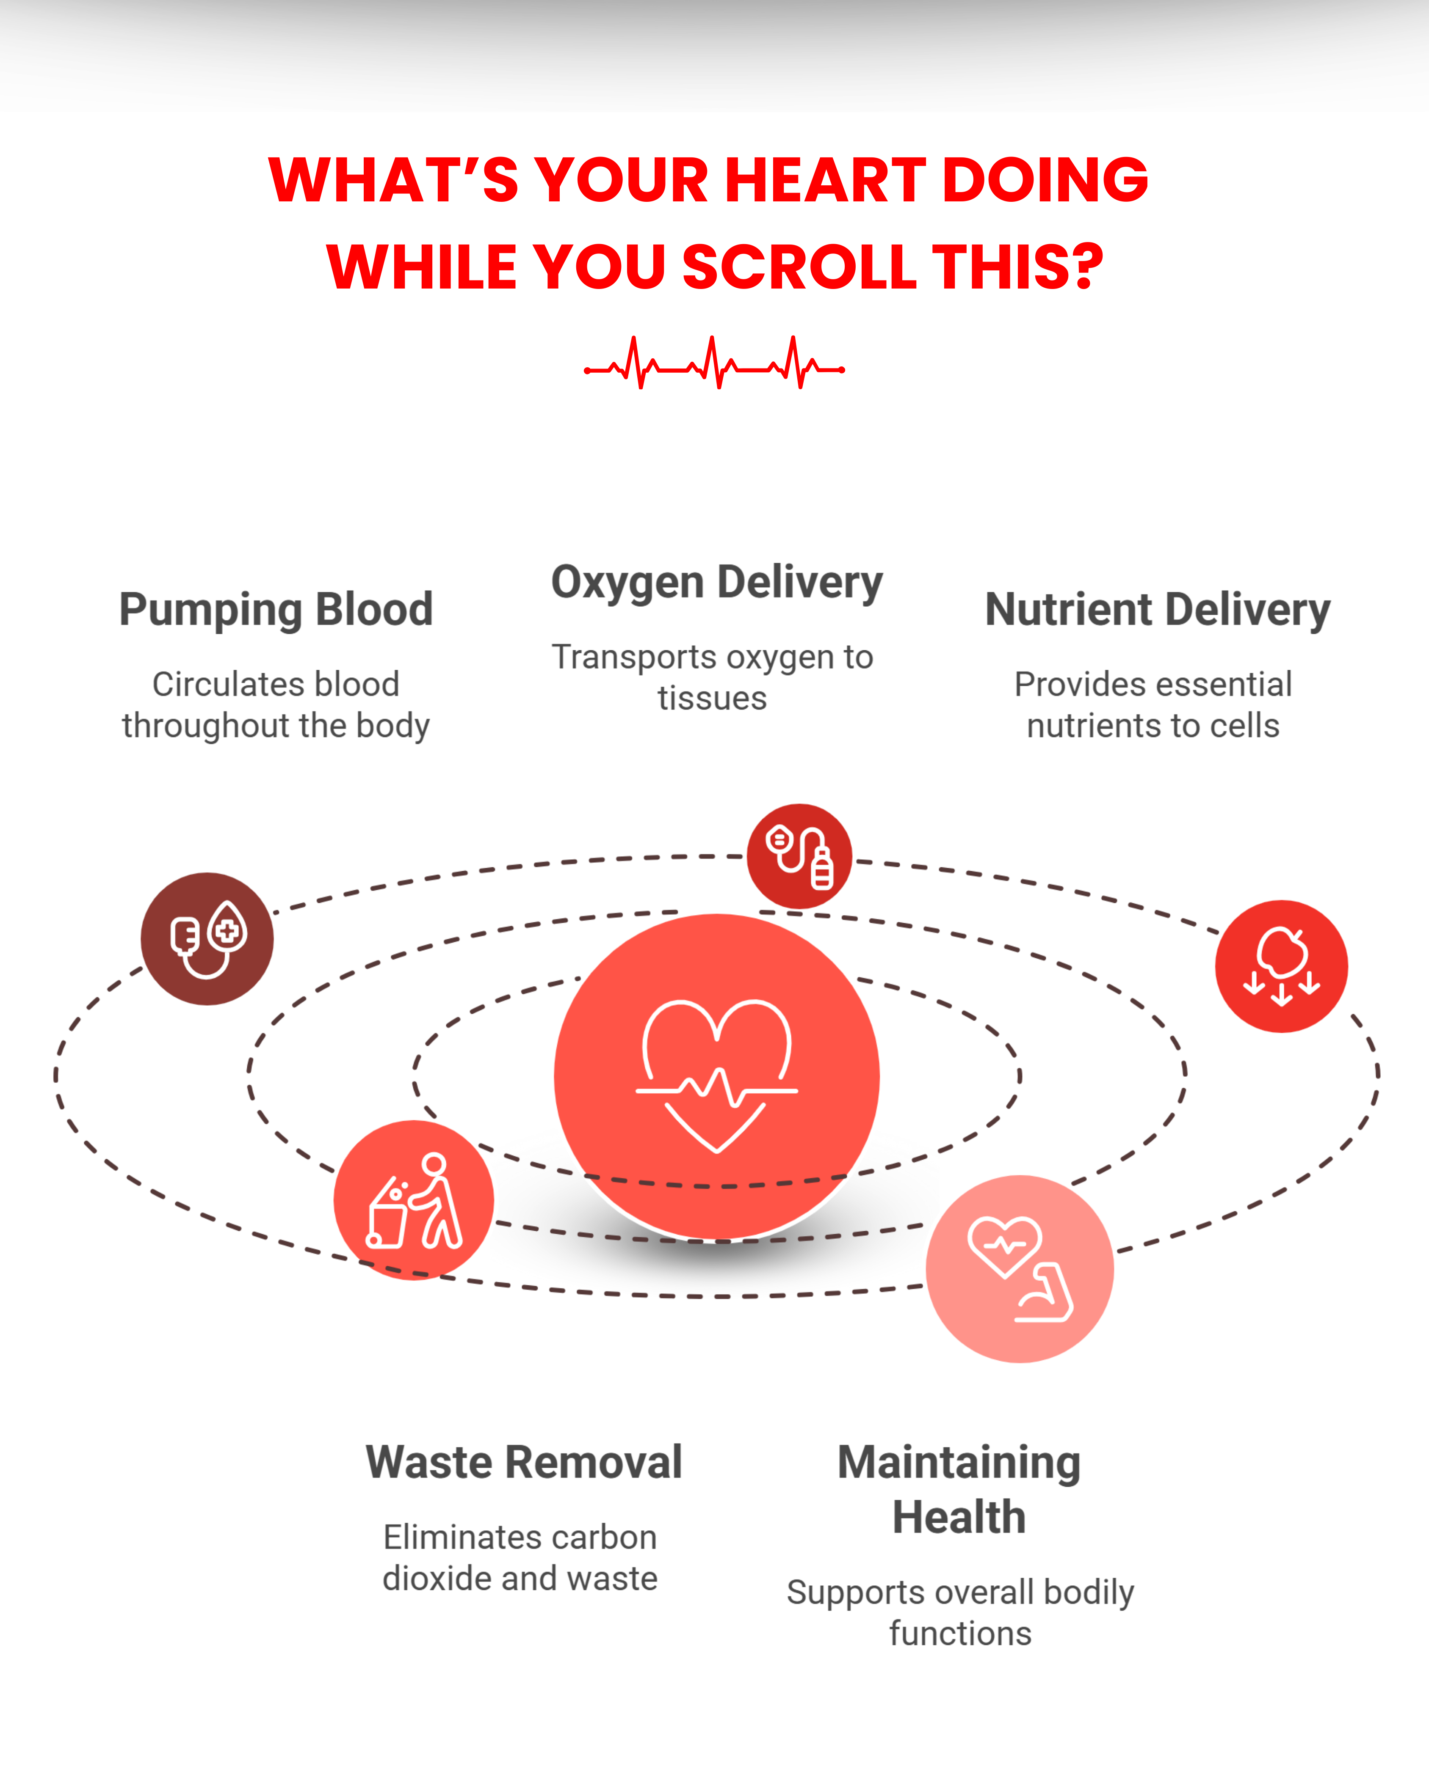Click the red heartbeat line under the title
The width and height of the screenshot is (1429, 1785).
pyautogui.click(x=714, y=363)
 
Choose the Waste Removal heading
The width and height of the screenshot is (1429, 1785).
pyautogui.click(x=524, y=1463)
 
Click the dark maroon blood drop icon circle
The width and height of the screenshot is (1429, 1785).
pyautogui.click(x=207, y=939)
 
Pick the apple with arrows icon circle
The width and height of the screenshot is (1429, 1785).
pyautogui.click(x=1282, y=966)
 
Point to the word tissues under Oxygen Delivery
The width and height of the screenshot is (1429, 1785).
pyautogui.click(x=713, y=699)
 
